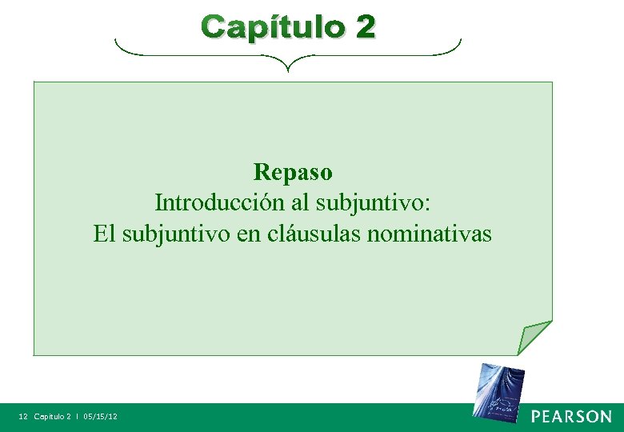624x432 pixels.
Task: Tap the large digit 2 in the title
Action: pos(364,27)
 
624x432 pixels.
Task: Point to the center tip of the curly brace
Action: pos(288,69)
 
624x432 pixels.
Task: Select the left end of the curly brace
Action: pos(117,42)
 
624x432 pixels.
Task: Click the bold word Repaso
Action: pos(293,172)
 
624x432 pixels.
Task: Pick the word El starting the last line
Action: pos(104,234)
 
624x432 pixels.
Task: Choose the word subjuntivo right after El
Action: pos(173,234)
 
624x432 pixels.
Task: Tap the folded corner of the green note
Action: pos(533,337)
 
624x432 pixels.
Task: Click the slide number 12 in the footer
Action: pos(23,417)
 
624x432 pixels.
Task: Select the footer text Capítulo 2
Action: pos(52,417)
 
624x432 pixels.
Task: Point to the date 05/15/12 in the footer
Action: pos(100,417)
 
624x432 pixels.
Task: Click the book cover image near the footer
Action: pos(497,390)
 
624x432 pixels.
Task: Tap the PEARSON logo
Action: pos(571,417)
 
